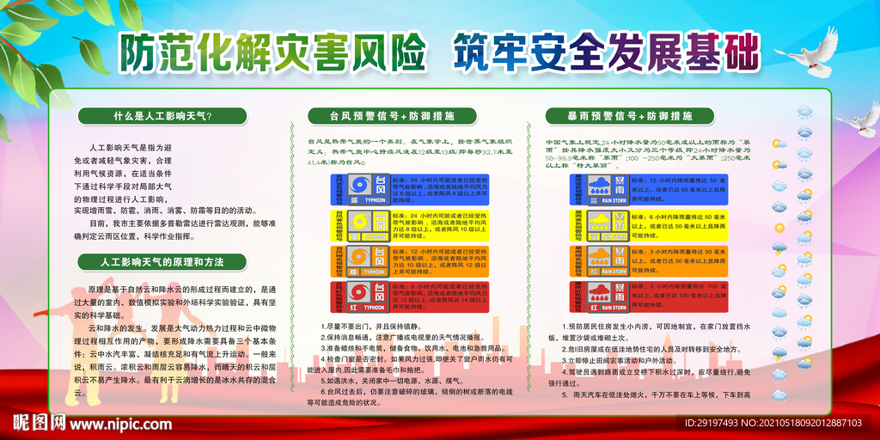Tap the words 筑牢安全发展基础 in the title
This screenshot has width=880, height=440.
(x=605, y=52)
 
